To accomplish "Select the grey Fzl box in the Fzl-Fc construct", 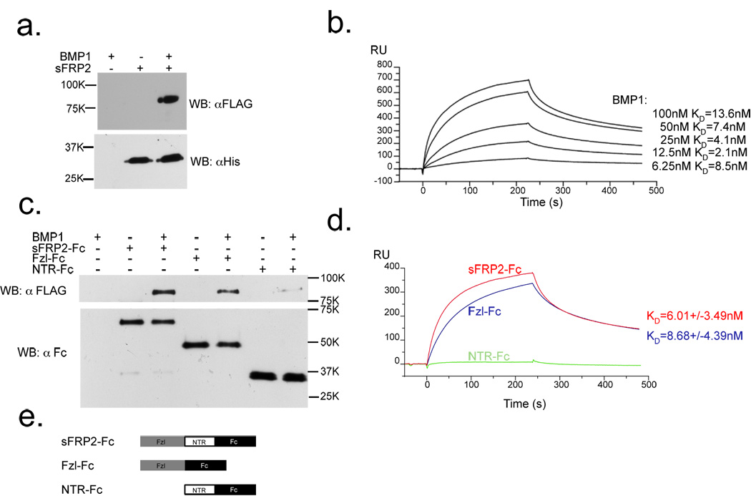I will point(162,465).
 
